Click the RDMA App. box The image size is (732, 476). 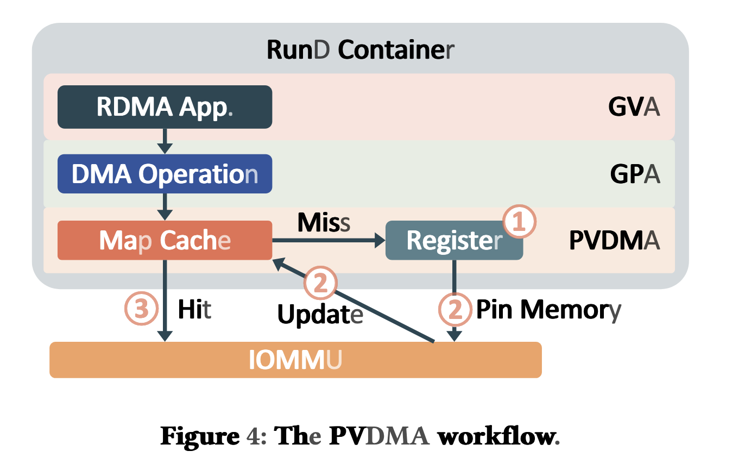[x=165, y=107]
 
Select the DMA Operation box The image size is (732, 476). [x=165, y=174]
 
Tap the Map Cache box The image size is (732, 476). [x=165, y=240]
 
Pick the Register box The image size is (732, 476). [x=453, y=240]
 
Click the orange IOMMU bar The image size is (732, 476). [x=295, y=360]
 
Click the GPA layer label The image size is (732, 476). [x=635, y=174]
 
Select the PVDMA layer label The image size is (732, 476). [x=614, y=240]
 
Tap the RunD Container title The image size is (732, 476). [x=361, y=50]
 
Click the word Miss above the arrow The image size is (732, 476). [x=324, y=222]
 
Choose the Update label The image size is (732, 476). [x=320, y=315]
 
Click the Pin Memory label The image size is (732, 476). [x=548, y=310]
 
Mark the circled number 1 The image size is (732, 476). [x=519, y=222]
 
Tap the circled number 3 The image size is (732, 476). [x=141, y=309]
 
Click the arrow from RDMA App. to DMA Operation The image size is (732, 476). [x=165, y=141]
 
